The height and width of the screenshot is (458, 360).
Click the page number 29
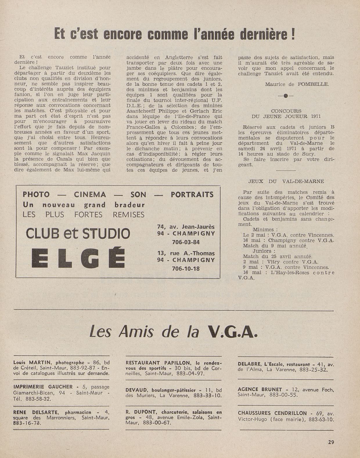click(331, 442)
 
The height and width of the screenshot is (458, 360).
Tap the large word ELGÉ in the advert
click(78, 257)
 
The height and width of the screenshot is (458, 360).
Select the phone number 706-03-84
click(186, 242)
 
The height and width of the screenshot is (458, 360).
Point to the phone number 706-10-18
click(186, 268)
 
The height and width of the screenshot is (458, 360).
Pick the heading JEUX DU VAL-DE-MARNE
click(286, 181)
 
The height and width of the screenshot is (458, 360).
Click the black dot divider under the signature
click(286, 96)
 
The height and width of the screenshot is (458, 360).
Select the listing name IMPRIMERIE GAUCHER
click(43, 387)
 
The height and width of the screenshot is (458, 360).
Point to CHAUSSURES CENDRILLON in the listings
click(272, 413)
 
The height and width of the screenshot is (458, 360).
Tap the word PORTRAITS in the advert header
click(192, 194)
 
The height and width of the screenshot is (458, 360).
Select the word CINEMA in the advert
click(90, 194)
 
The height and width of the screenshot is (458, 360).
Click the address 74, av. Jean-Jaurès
click(186, 227)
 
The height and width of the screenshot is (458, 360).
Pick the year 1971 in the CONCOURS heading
click(316, 116)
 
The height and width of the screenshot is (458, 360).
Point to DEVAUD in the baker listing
click(136, 390)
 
